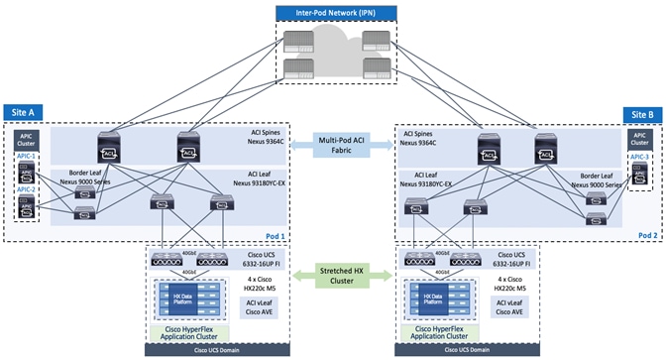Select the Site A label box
[x=23, y=112]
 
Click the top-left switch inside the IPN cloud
[x=293, y=42]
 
